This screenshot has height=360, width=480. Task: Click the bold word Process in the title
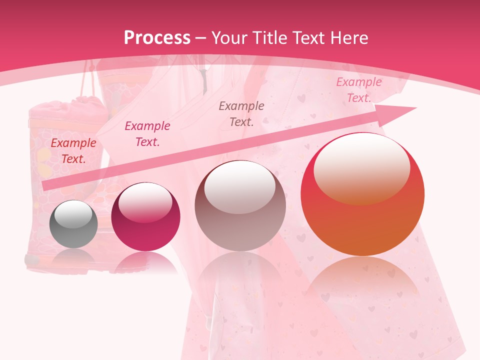coord(157,38)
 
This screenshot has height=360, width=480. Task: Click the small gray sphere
coord(73,224)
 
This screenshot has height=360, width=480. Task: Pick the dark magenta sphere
coord(145,217)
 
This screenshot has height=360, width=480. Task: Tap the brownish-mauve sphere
coord(240,206)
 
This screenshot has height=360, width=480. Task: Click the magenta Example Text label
coord(147,134)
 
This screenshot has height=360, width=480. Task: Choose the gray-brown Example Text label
coord(241,113)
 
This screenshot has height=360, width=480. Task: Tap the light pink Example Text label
coord(359,90)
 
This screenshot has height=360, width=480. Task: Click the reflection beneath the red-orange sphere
coord(362,280)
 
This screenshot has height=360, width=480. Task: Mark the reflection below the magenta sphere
coord(145,262)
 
